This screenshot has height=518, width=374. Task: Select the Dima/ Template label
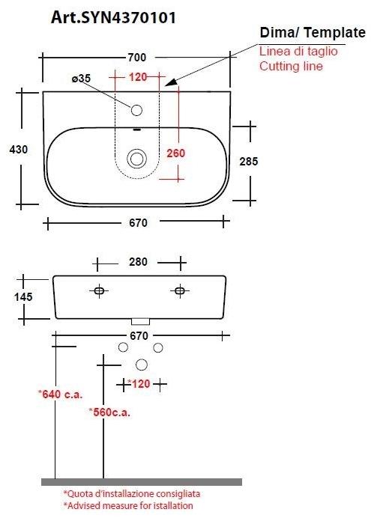click(x=312, y=34)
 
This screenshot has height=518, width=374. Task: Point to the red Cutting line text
click(x=291, y=66)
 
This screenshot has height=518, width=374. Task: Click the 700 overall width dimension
click(x=136, y=57)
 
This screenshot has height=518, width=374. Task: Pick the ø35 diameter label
click(x=80, y=78)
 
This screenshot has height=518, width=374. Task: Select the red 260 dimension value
click(x=175, y=153)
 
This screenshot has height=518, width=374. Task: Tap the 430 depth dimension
click(x=18, y=150)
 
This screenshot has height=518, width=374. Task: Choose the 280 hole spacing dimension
click(x=139, y=262)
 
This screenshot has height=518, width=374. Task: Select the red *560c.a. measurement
click(x=110, y=411)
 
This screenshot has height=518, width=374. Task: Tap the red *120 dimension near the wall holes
click(x=139, y=383)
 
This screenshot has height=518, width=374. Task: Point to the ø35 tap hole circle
click(x=137, y=111)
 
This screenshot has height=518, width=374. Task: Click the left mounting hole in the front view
click(x=99, y=290)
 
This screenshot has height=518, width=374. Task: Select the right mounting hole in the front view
click(x=180, y=290)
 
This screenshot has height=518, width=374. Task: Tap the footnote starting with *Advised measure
click(x=127, y=506)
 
